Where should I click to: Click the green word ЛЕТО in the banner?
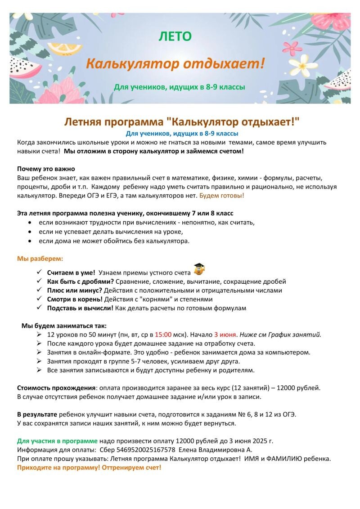click(175, 36)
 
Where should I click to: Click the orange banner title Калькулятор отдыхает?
click(175, 64)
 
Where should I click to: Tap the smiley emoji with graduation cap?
click(198, 270)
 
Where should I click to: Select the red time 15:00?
click(163, 335)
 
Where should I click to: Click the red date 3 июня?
click(225, 335)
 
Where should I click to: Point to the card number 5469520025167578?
click(139, 450)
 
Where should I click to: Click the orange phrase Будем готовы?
click(222, 196)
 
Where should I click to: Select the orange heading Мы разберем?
click(40, 259)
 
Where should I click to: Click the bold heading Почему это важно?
click(45, 169)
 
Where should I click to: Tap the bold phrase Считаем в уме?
click(71, 272)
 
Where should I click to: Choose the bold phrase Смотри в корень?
click(75, 299)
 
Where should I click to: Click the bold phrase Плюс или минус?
click(75, 290)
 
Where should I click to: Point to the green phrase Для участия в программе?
click(57, 441)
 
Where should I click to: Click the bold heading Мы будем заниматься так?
click(64, 326)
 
